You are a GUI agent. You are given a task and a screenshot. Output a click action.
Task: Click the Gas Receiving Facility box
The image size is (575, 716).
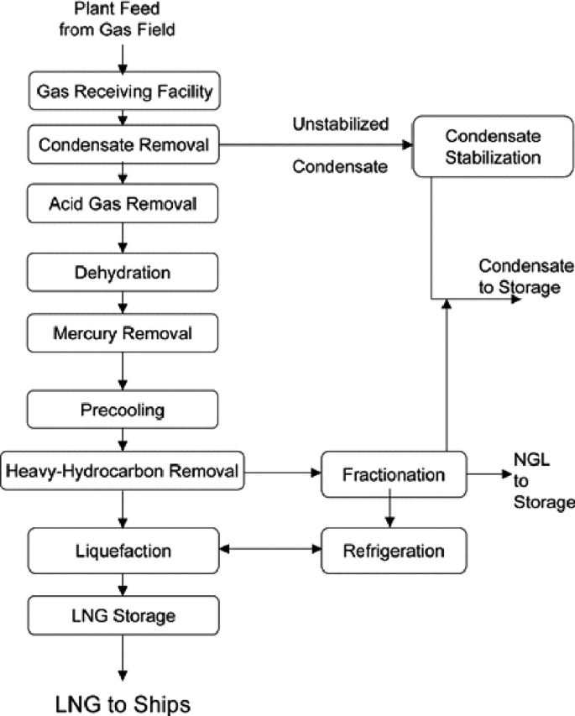tap(123, 91)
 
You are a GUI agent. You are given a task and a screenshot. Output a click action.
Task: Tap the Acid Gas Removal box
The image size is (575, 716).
tap(123, 203)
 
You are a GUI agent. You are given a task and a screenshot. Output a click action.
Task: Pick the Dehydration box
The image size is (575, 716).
tap(123, 273)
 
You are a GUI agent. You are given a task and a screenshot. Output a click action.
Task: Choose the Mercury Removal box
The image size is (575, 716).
tap(123, 333)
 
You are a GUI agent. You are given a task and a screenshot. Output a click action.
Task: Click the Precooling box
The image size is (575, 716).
tap(123, 410)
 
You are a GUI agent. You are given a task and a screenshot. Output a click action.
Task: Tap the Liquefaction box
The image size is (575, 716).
tap(123, 551)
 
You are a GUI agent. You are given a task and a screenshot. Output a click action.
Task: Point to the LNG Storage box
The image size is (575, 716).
tap(123, 615)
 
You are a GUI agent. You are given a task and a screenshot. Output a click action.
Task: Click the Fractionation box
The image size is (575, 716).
tap(394, 474)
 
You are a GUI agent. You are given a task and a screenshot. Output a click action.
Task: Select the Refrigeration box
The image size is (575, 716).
tap(394, 551)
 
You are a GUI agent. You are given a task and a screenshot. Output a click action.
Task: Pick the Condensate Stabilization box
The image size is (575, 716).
tap(490, 145)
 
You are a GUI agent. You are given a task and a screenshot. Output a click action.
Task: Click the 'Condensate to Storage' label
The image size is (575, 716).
tap(525, 276)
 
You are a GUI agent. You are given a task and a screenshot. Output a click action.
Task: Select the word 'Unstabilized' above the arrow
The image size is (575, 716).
tap(340, 124)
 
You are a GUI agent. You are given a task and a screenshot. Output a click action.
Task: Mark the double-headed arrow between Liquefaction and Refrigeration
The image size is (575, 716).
tap(269, 551)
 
